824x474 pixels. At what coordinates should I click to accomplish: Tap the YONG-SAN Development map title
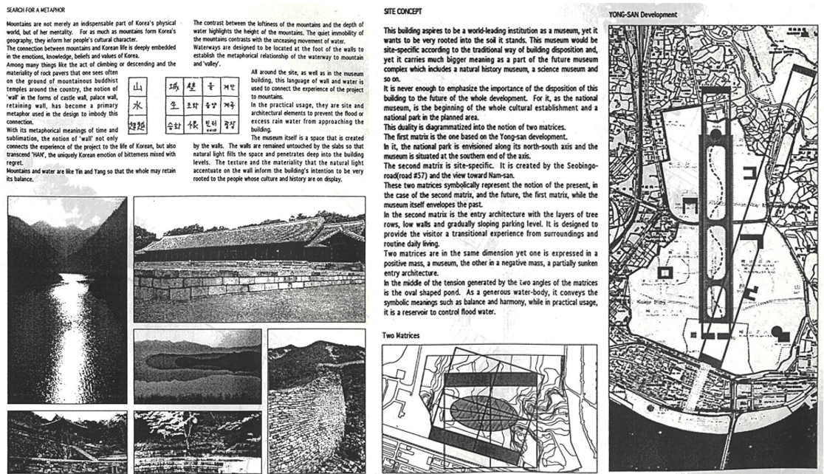[x=643, y=14]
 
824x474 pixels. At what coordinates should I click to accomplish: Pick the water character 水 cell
[x=139, y=106]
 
